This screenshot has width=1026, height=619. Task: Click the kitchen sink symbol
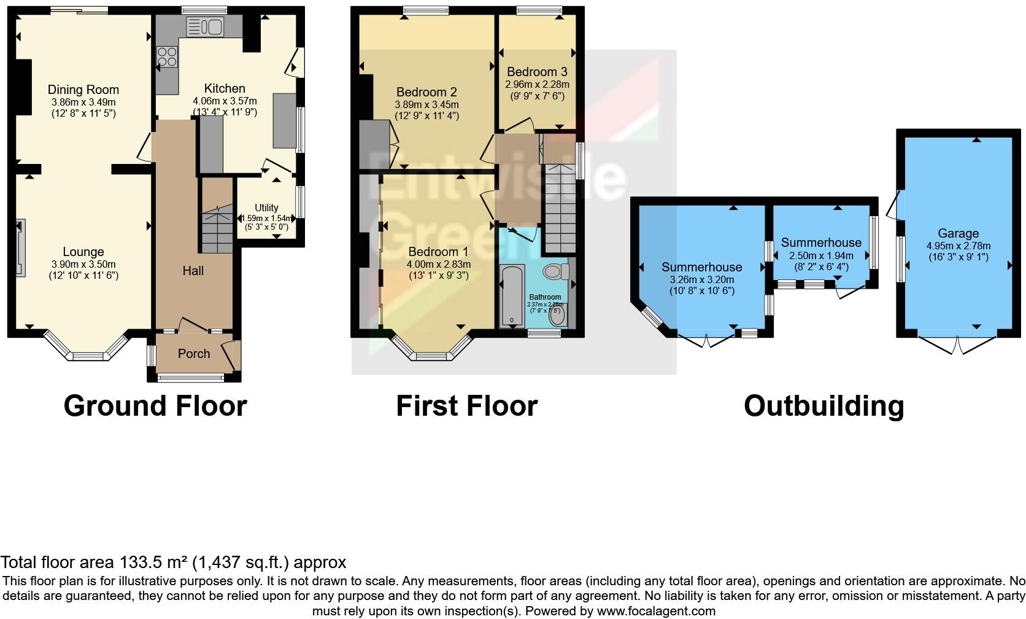click(x=206, y=26)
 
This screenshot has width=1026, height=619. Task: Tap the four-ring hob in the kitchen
click(x=166, y=57)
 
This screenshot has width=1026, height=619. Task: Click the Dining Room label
click(x=83, y=90)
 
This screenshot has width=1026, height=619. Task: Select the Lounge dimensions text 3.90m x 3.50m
click(x=83, y=263)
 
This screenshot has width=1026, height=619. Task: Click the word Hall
click(x=193, y=271)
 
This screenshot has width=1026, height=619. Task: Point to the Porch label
click(x=194, y=354)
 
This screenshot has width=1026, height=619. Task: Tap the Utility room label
click(x=266, y=208)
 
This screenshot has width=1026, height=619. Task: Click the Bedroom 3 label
click(x=537, y=72)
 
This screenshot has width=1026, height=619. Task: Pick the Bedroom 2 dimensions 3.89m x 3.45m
click(x=426, y=104)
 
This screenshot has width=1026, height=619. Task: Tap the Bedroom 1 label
click(x=438, y=252)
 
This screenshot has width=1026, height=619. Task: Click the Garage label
click(x=958, y=233)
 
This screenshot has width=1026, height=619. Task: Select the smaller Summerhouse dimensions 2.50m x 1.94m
click(x=821, y=255)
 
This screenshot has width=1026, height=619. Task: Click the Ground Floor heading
click(x=155, y=406)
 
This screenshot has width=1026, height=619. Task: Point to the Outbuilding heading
click(x=823, y=406)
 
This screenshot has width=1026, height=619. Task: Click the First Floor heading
click(x=466, y=406)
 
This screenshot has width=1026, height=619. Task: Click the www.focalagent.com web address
click(x=656, y=611)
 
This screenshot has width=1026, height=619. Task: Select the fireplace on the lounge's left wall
click(x=20, y=249)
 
